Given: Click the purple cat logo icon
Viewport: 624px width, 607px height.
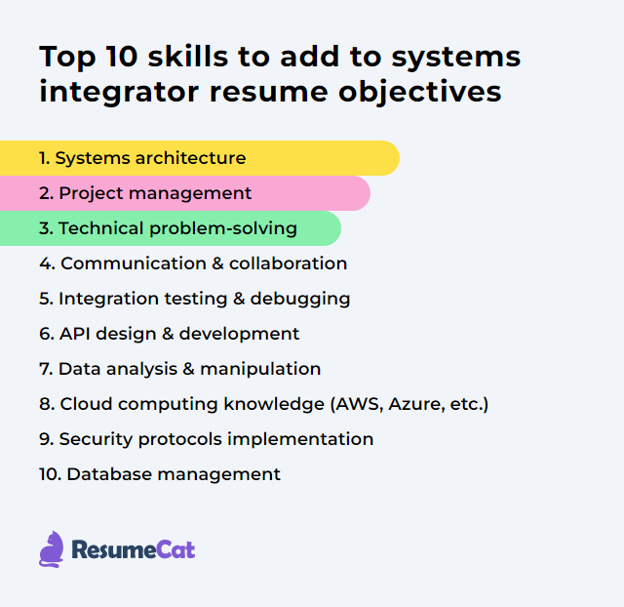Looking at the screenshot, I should coord(52,549).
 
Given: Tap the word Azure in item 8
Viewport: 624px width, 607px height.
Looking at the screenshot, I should coord(410,404).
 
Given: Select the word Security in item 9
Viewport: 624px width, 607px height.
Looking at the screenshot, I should coord(95,439).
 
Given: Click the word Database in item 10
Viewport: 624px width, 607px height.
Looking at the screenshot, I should coord(105,474).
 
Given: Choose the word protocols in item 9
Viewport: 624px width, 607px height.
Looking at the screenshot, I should coord(176,439).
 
